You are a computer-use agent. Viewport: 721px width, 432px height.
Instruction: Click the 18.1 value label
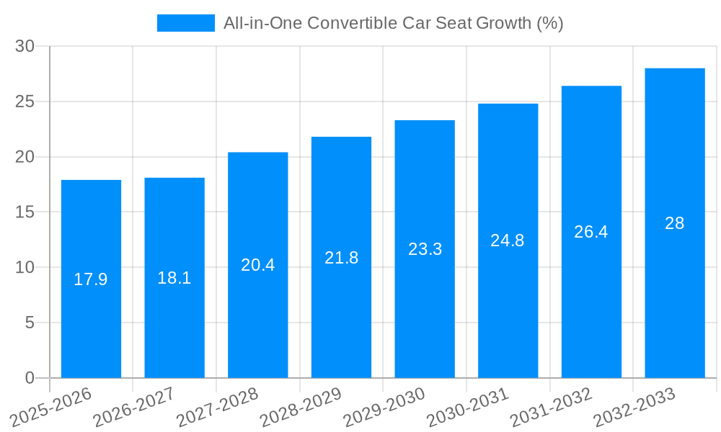(x=174, y=278)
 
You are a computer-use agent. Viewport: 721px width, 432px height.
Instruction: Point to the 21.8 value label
(x=341, y=258)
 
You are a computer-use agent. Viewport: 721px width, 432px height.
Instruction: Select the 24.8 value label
(x=508, y=241)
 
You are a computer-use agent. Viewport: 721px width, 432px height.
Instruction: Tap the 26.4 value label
(x=591, y=232)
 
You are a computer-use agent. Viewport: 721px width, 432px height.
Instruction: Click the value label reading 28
(x=675, y=223)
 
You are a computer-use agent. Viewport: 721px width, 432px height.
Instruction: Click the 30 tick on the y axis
(x=25, y=46)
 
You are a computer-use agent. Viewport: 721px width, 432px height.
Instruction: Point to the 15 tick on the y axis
(x=25, y=212)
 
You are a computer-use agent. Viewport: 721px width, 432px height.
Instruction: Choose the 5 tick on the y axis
(x=30, y=323)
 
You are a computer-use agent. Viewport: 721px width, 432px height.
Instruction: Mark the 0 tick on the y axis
(x=30, y=378)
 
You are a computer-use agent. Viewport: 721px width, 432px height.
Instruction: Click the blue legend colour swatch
(x=186, y=23)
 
